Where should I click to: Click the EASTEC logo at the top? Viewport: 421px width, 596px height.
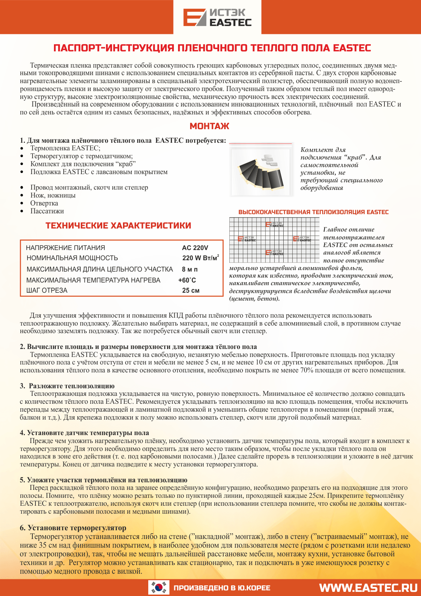click(x=217, y=18)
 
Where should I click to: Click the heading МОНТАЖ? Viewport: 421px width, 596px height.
click(x=209, y=126)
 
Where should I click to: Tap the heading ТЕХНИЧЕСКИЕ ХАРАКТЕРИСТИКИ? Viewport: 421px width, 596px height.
click(x=118, y=226)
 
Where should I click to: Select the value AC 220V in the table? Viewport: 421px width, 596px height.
click(x=195, y=248)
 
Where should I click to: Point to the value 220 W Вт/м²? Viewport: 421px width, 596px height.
click(x=200, y=258)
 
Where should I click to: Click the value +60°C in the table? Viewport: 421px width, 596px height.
click(x=187, y=280)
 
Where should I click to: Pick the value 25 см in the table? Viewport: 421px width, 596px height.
click(x=191, y=290)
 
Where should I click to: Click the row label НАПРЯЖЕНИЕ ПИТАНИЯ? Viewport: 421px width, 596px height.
click(x=66, y=248)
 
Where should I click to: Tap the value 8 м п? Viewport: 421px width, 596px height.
click(x=190, y=269)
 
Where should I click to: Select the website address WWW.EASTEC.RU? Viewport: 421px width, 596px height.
click(x=368, y=588)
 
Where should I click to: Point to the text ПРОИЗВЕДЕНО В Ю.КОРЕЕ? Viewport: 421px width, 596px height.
click(x=222, y=588)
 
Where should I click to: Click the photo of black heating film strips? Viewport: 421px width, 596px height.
click(x=261, y=170)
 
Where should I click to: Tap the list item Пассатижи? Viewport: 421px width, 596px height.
click(x=47, y=211)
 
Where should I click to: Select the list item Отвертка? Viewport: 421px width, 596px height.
click(x=44, y=203)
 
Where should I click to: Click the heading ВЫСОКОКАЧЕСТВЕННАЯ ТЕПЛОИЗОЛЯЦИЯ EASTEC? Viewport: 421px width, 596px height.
click(x=313, y=212)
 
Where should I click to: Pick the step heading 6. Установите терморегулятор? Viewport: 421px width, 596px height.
click(x=73, y=528)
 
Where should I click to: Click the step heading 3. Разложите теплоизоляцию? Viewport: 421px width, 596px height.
click(x=67, y=386)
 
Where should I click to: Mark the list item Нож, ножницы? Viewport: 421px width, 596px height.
click(x=53, y=195)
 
